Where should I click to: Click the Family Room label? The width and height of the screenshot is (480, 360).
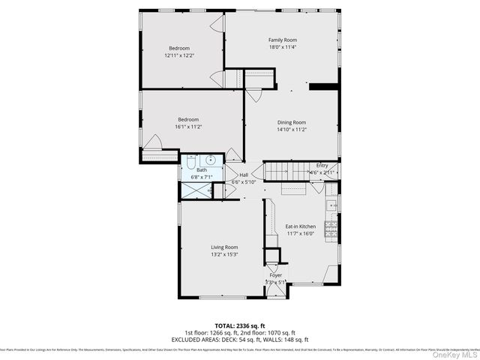pyautogui.click(x=283, y=40)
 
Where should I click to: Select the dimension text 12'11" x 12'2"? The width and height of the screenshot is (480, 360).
pyautogui.click(x=178, y=55)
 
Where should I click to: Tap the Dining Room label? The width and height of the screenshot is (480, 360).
pyautogui.click(x=292, y=122)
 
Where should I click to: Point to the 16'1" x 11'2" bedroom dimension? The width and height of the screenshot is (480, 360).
pyautogui.click(x=188, y=127)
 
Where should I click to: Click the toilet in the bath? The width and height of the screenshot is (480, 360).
pyautogui.click(x=192, y=160)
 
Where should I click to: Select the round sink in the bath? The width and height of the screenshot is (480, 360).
pyautogui.click(x=211, y=160)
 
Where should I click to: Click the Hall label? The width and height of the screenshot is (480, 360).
pyautogui.click(x=244, y=175)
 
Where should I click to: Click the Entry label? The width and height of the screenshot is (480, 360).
pyautogui.click(x=322, y=166)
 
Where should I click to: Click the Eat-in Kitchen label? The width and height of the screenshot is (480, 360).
pyautogui.click(x=300, y=226)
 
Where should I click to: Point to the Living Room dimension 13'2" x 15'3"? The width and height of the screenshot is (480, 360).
pyautogui.click(x=224, y=254)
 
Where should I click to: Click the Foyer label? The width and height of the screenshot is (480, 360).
pyautogui.click(x=276, y=275)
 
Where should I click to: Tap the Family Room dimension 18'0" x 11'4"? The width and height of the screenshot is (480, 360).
pyautogui.click(x=283, y=47)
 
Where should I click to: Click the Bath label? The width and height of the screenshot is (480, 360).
pyautogui.click(x=202, y=170)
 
